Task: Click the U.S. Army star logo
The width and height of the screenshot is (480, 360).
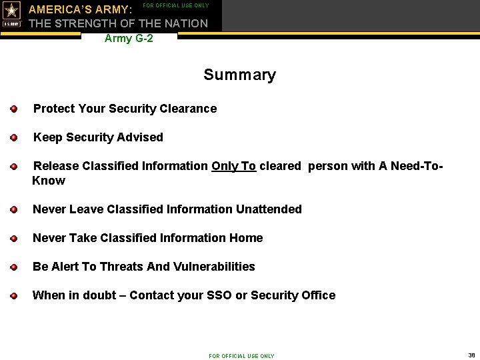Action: pyautogui.click(x=12, y=14)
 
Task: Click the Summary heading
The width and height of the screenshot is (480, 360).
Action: pyautogui.click(x=239, y=75)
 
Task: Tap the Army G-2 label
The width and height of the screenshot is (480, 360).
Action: pyautogui.click(x=129, y=39)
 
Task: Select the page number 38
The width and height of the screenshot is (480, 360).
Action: pyautogui.click(x=471, y=355)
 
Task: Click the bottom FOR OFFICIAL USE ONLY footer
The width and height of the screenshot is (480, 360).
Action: pyautogui.click(x=241, y=356)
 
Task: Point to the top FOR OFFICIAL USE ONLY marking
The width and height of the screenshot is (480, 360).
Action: pyautogui.click(x=176, y=6)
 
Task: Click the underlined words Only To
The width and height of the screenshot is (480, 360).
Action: pyautogui.click(x=233, y=166)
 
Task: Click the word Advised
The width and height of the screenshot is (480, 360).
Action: pyautogui.click(x=139, y=137)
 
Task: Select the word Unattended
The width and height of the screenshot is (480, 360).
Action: pyautogui.click(x=269, y=209)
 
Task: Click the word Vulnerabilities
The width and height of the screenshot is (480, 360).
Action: pyautogui.click(x=214, y=267)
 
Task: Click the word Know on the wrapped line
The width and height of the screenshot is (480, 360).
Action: pyautogui.click(x=49, y=181)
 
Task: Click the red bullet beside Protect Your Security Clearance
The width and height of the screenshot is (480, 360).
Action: pyautogui.click(x=13, y=109)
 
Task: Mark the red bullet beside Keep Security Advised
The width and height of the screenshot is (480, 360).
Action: pyautogui.click(x=13, y=137)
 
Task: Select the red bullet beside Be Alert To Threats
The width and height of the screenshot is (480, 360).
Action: pyautogui.click(x=13, y=267)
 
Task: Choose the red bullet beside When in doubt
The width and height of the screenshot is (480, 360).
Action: pyautogui.click(x=13, y=295)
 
